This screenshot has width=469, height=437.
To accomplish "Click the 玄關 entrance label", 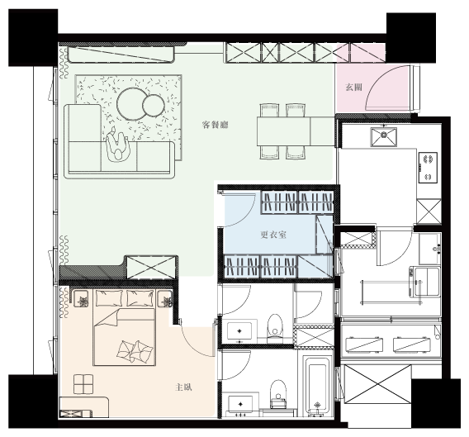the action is point(354,88).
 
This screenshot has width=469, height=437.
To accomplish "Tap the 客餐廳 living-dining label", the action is point(215,125).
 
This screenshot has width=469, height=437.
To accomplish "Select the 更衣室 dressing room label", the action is point(273,235).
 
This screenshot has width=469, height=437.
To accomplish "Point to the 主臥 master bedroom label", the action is point(183,387).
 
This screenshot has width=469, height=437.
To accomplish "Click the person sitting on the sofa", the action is point(117,145).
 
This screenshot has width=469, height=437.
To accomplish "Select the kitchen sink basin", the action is point(384,137).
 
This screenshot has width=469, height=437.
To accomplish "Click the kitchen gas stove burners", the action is point(428,168).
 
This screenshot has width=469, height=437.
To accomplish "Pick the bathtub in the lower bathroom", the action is point(317,387).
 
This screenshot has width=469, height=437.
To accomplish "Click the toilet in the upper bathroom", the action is point(274,328).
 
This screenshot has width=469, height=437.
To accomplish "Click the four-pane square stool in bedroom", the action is point(83,384).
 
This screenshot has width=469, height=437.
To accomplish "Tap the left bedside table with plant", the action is point(80,299).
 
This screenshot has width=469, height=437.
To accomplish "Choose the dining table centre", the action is point(283,131).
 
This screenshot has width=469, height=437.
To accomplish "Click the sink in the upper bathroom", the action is point(239,331).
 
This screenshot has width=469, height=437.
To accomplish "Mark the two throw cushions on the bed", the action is point(135,351).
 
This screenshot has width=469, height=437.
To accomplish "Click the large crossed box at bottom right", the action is point(378,384).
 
